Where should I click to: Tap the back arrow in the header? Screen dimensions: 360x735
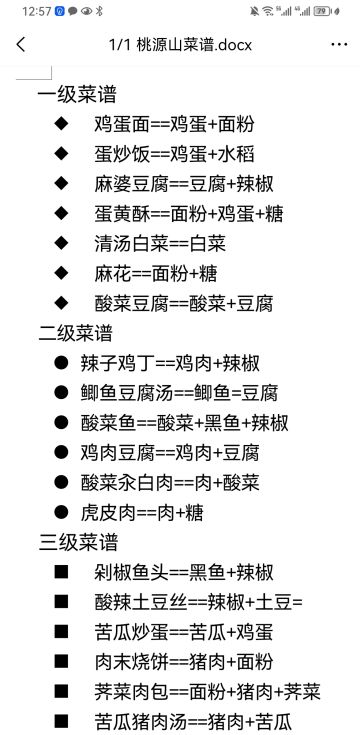tap(21, 45)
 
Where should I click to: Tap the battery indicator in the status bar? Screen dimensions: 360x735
tap(322, 11)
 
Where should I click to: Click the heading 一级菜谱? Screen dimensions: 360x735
tap(77, 95)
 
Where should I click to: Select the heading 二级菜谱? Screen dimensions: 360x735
tap(75, 333)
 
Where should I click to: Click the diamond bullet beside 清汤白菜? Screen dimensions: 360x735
tap(63, 243)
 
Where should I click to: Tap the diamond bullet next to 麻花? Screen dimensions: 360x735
tap(63, 273)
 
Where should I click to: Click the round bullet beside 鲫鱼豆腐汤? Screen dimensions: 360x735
tap(62, 393)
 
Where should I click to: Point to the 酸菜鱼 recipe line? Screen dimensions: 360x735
tap(185, 422)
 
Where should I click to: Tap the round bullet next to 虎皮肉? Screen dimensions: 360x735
tap(62, 512)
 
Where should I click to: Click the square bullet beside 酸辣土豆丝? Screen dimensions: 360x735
tap(63, 602)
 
